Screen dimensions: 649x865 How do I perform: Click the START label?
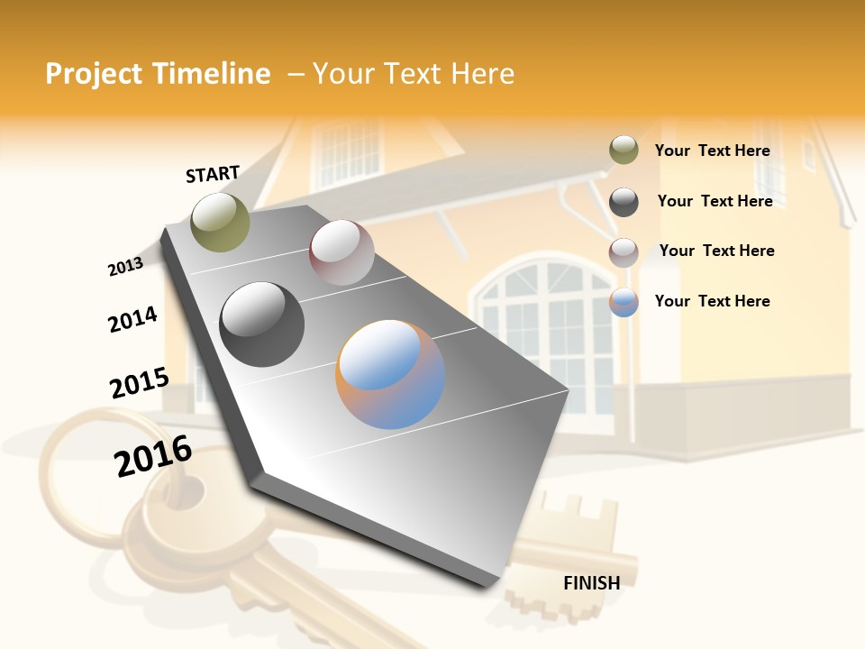pos(213,174)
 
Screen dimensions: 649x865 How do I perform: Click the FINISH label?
pos(591,583)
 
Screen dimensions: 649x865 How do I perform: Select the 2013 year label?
pos(125,267)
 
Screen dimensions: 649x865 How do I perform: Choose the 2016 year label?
pos(153,456)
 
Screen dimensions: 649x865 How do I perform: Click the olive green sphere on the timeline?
pos(220,222)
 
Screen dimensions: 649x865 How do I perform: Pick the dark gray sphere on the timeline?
pos(262,324)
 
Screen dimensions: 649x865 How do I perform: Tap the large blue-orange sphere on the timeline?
pos(390,374)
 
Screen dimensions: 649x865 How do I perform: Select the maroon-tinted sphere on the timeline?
pos(341,252)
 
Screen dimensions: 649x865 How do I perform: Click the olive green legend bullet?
pos(624,151)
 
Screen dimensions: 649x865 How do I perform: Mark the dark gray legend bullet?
pos(624,202)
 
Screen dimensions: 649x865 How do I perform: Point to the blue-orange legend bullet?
pos(624,302)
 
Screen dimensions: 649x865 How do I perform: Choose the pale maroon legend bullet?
pos(624,252)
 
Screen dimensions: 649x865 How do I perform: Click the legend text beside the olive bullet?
pos(712,151)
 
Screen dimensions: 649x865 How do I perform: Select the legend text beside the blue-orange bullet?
pos(712,301)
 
